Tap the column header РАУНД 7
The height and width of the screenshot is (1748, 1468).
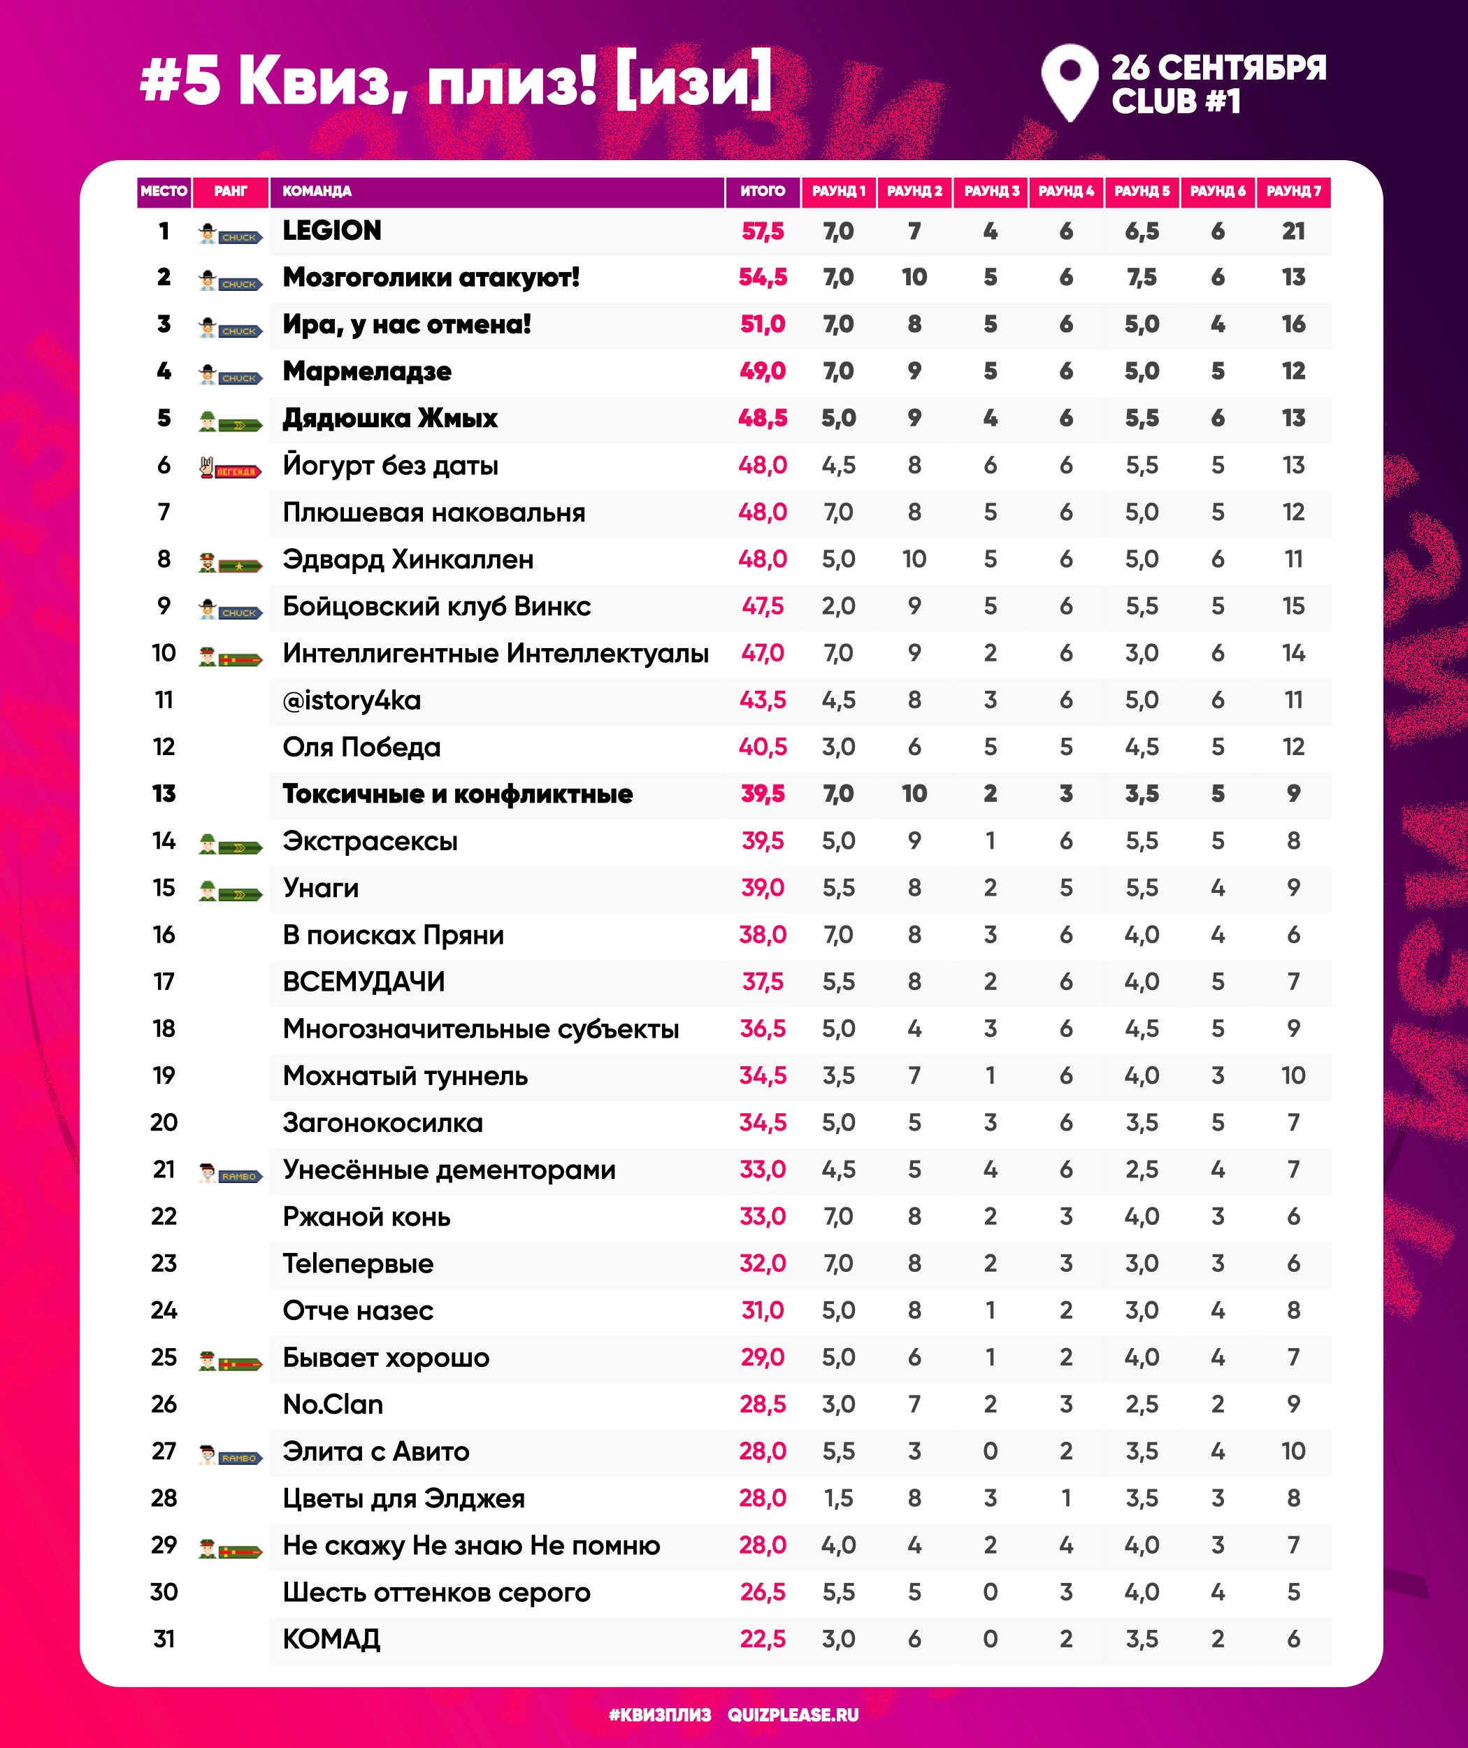click(1293, 192)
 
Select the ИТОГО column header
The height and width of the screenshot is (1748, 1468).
click(762, 192)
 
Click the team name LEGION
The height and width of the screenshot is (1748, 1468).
click(331, 231)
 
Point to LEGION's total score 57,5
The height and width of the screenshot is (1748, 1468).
click(762, 231)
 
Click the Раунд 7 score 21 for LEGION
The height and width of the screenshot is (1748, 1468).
click(1293, 231)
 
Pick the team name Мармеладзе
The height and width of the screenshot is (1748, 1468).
click(367, 371)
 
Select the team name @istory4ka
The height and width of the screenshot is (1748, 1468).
click(351, 701)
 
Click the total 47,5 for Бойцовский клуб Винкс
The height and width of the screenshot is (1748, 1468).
click(762, 607)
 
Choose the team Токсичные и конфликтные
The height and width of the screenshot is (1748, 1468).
click(457, 794)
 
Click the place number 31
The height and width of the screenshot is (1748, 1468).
click(164, 1639)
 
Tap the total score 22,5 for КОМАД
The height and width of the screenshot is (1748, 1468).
click(762, 1639)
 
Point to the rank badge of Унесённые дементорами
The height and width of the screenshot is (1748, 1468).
click(231, 1175)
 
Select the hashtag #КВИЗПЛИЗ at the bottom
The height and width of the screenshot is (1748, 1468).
click(659, 1714)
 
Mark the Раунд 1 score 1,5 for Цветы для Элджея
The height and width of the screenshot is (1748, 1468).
click(838, 1498)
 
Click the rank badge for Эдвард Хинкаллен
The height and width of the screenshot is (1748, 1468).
click(231, 564)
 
